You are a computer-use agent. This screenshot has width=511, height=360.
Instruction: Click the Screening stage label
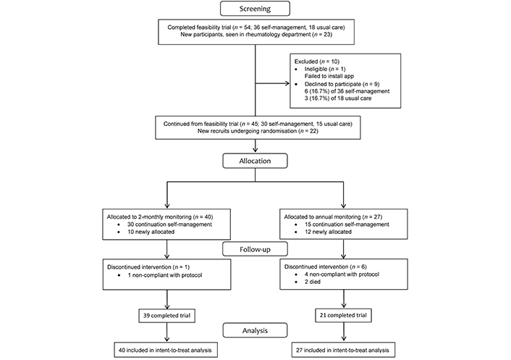255,9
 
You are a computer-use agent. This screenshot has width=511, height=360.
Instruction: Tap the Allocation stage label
255,161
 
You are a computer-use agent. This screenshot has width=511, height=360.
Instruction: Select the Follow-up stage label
255,249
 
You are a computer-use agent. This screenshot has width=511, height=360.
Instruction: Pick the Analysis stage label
255,330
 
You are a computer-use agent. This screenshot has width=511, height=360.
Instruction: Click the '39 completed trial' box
167,315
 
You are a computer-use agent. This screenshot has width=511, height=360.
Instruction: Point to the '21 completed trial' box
343,315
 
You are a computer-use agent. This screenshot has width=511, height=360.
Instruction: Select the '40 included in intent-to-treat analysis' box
166,350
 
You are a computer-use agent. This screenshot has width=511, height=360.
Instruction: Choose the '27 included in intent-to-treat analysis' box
343,350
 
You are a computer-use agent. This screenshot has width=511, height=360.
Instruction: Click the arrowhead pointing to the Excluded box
287,83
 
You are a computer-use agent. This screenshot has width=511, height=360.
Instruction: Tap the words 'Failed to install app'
329,76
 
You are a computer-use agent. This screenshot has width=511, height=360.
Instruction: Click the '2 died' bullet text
313,282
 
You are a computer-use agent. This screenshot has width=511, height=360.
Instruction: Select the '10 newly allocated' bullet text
151,232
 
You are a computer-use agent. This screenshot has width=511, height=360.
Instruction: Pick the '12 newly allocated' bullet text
328,232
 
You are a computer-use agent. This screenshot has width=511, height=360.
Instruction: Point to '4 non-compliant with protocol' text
342,275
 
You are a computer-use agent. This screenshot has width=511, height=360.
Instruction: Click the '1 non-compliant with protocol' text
165,275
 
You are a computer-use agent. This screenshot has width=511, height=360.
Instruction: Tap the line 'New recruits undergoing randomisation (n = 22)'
258,131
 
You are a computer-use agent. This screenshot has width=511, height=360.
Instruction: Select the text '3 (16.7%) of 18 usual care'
338,99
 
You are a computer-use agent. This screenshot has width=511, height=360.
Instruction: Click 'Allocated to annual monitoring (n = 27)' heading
333,217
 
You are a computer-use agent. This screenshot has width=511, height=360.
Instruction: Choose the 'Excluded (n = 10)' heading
317,62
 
